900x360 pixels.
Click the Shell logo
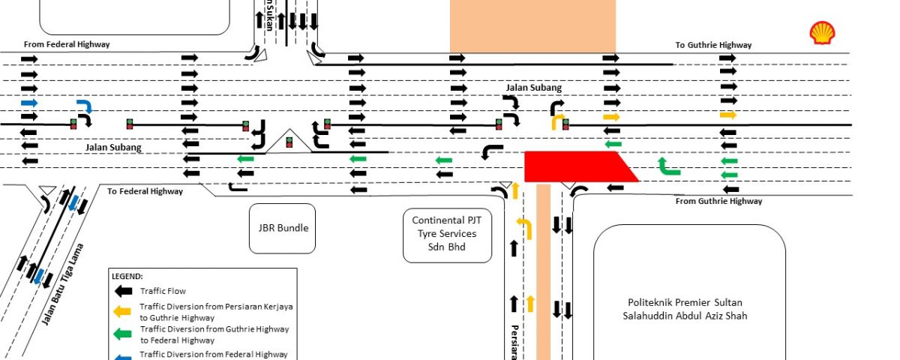pos(822,33)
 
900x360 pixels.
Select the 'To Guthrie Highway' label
pos(713,45)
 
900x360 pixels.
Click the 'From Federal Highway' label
pos(67,44)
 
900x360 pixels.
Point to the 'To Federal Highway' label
pos(145,191)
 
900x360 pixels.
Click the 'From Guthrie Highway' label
pos(718,201)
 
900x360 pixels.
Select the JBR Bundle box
pos(283,228)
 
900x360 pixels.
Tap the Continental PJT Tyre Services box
pos(447,233)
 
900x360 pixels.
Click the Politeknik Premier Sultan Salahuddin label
pos(688,309)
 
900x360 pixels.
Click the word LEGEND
pos(127,276)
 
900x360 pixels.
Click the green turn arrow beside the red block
pos(667,166)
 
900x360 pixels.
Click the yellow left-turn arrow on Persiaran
pos(524,227)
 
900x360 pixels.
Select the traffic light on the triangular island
pos(289,143)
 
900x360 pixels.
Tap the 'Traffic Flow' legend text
pos(163,291)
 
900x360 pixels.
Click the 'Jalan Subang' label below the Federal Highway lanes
pos(112,148)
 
